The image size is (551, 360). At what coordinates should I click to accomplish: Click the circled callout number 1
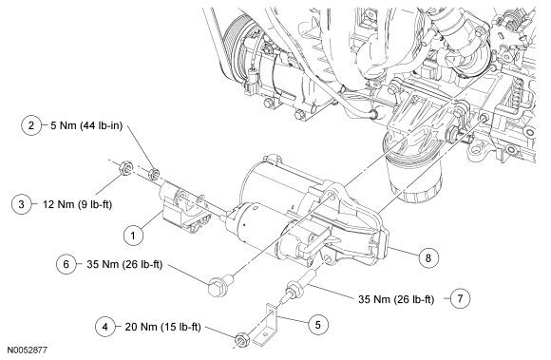pyautogui.click(x=133, y=236)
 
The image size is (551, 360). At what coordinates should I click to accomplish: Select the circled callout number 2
pyautogui.click(x=31, y=125)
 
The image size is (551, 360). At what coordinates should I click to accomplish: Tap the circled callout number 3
pyautogui.click(x=21, y=204)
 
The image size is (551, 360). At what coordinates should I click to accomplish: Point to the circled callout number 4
pyautogui.click(x=105, y=327)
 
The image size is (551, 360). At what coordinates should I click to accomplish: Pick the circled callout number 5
pyautogui.click(x=318, y=325)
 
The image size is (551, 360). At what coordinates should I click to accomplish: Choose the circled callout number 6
pyautogui.click(x=66, y=264)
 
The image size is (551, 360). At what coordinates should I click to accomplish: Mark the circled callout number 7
pyautogui.click(x=460, y=298)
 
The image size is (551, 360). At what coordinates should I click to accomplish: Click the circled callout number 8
pyautogui.click(x=428, y=258)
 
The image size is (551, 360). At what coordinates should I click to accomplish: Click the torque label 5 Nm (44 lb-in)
pyautogui.click(x=86, y=125)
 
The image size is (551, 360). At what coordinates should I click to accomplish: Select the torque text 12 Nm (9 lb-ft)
pyautogui.click(x=77, y=204)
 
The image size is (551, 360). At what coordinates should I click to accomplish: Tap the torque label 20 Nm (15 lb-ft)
pyautogui.click(x=163, y=328)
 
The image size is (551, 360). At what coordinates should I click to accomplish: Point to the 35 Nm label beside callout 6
pyautogui.click(x=124, y=264)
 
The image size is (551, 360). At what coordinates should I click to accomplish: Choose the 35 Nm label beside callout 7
pyautogui.click(x=396, y=299)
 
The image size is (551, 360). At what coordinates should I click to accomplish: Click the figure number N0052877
pyautogui.click(x=28, y=351)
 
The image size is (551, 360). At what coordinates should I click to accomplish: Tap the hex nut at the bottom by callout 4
pyautogui.click(x=241, y=340)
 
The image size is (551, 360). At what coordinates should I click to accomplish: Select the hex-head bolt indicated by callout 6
pyautogui.click(x=219, y=285)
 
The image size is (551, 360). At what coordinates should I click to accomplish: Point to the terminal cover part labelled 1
pyautogui.click(x=184, y=209)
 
